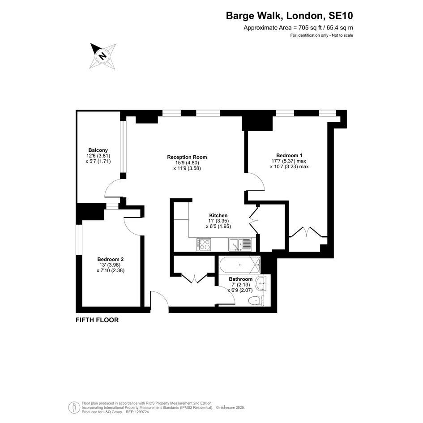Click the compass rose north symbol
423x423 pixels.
[x=103, y=56]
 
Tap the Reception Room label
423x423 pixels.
[x=187, y=157]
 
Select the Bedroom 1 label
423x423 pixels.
[x=289, y=155]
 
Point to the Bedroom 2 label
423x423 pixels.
[x=110, y=259]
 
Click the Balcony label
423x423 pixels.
[x=98, y=150]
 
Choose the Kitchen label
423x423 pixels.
[x=218, y=215]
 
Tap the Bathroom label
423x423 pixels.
[x=241, y=279]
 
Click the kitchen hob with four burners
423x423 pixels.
[x=204, y=245]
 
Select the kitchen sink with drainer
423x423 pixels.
[x=240, y=245]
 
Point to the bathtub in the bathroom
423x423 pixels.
[x=239, y=265]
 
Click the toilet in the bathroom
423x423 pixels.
[x=256, y=300]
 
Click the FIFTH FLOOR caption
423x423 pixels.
[x=97, y=320]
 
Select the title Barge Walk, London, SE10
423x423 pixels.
[x=289, y=16]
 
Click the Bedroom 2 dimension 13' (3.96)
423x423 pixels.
[x=110, y=265]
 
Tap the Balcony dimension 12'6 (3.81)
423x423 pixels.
[x=98, y=156]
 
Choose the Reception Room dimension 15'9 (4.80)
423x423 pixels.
[x=187, y=162]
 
